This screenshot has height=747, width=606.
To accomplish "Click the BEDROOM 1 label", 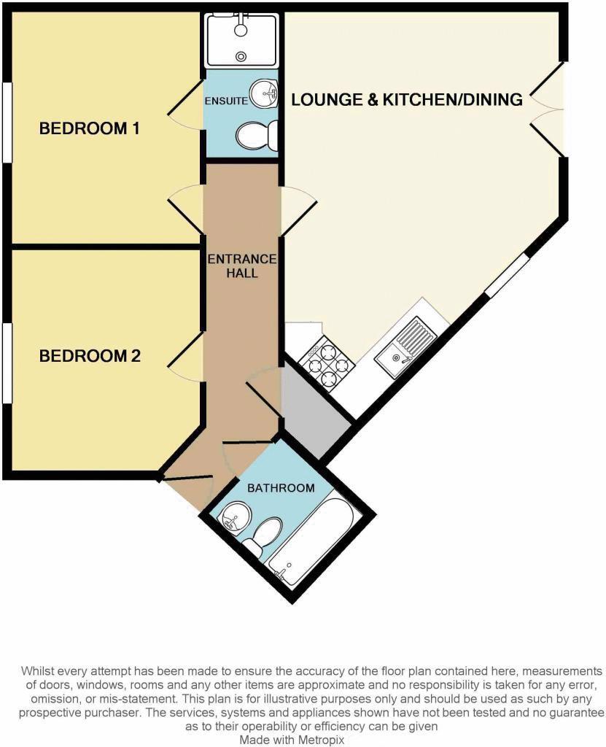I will pyautogui.click(x=90, y=129).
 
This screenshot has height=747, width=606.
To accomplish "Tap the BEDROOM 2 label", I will pyautogui.click(x=90, y=357).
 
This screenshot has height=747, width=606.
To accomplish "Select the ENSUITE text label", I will pyautogui.click(x=226, y=101).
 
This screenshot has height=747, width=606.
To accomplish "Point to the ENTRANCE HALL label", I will pyautogui.click(x=242, y=266).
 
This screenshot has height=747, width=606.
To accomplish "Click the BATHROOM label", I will pyautogui.click(x=281, y=488).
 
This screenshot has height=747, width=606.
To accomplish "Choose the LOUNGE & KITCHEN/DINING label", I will pyautogui.click(x=407, y=99).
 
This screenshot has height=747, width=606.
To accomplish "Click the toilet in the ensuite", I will pyautogui.click(x=257, y=135).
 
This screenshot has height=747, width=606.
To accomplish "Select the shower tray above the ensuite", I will pyautogui.click(x=241, y=40).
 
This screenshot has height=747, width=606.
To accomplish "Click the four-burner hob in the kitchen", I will pyautogui.click(x=326, y=362).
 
